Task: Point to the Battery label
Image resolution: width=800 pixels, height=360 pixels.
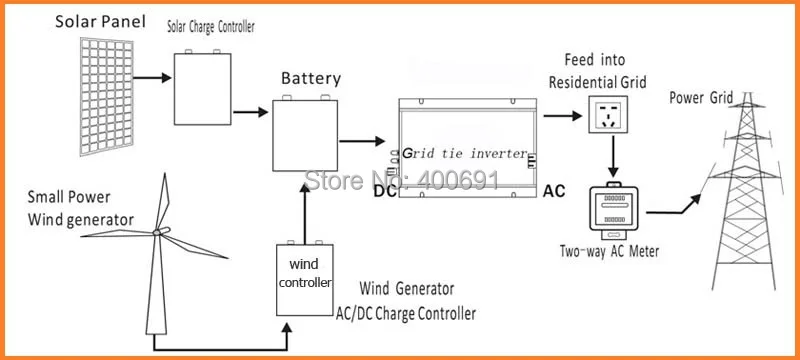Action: pyautogui.click(x=311, y=78)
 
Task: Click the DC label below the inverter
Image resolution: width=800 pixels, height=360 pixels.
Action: pyautogui.click(x=385, y=190)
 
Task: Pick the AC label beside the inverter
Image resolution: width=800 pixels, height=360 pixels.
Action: pyautogui.click(x=556, y=190)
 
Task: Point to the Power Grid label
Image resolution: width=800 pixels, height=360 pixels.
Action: pyautogui.click(x=703, y=97)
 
